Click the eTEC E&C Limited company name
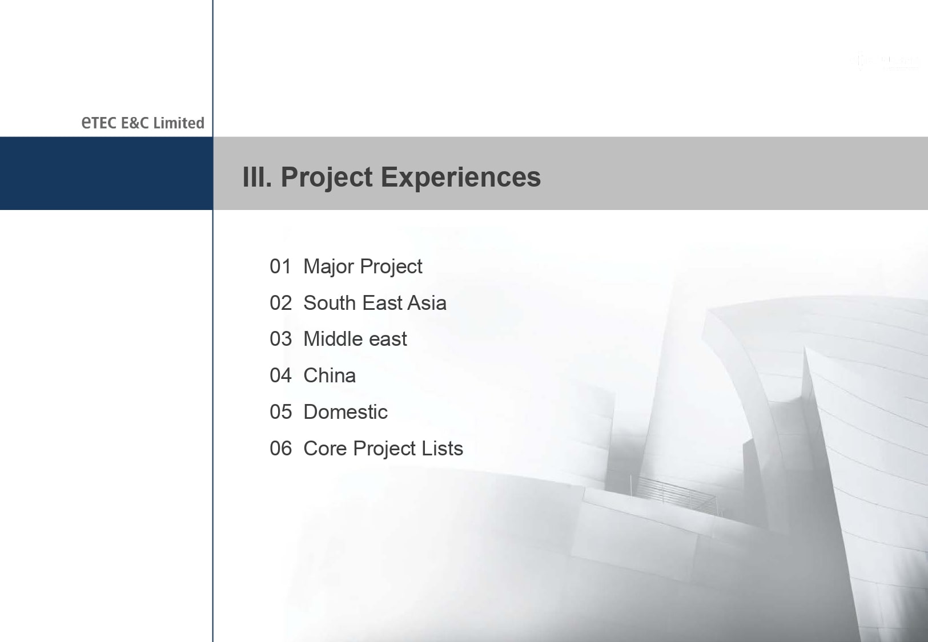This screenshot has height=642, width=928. (143, 123)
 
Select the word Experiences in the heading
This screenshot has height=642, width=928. (461, 178)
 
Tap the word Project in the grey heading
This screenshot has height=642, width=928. (327, 178)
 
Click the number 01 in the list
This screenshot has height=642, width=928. (280, 266)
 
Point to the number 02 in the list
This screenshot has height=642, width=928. (280, 302)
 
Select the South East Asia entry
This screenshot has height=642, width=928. (375, 302)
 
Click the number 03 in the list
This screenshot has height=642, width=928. (280, 338)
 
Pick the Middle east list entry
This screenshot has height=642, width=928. (355, 338)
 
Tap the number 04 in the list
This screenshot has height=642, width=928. (280, 375)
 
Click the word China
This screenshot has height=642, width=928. (330, 375)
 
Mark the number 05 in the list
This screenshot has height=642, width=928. (280, 411)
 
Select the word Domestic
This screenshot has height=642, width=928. (346, 411)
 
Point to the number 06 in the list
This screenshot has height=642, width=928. (280, 448)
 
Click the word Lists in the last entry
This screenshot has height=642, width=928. (442, 448)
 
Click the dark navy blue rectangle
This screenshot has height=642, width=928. (106, 173)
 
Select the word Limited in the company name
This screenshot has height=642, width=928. (179, 123)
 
